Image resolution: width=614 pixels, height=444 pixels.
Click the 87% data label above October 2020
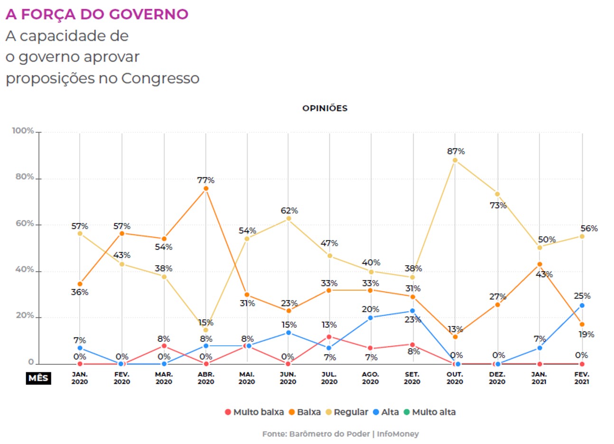(x=456, y=151)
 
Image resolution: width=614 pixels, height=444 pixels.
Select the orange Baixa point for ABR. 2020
(x=206, y=189)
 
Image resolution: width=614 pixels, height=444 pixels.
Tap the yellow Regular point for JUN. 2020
(x=288, y=219)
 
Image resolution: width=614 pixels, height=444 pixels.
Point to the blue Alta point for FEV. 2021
(x=582, y=306)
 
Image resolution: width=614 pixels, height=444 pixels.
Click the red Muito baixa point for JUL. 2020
(x=329, y=337)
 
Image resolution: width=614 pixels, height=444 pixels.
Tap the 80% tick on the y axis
(x=25, y=177)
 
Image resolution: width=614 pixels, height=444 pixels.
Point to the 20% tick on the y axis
(x=25, y=315)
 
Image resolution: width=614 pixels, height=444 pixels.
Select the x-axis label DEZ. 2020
(x=497, y=378)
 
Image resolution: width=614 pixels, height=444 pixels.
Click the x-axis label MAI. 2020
(x=247, y=378)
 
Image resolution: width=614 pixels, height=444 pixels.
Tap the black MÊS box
(x=38, y=378)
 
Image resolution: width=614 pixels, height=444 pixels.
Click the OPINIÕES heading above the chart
(x=325, y=108)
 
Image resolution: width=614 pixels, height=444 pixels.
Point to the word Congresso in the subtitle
(x=160, y=78)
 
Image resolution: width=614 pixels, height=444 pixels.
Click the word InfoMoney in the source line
(x=398, y=434)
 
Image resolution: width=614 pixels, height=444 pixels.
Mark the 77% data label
(x=206, y=180)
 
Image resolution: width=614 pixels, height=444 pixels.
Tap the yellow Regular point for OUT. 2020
(x=455, y=160)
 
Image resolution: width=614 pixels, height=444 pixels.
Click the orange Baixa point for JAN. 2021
(x=540, y=264)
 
